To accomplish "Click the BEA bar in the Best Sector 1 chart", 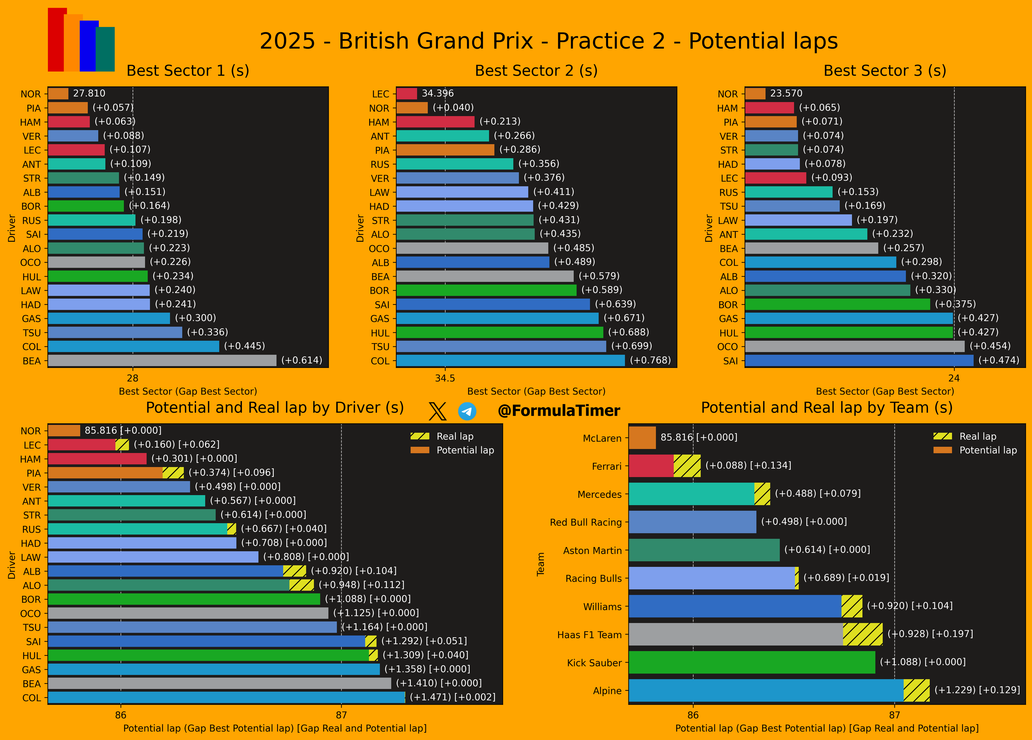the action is tap(162, 361).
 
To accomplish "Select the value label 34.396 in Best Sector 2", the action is tap(438, 93).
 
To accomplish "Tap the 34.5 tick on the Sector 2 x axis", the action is tap(445, 378).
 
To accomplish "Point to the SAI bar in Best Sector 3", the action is tap(859, 361).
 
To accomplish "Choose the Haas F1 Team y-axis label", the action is tap(589, 635).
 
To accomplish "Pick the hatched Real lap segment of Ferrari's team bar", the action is tap(687, 466).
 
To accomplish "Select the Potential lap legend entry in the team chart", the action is tap(975, 450).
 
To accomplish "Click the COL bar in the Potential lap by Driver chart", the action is tap(227, 697).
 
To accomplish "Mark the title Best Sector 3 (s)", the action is tap(885, 71).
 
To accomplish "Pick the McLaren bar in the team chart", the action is tap(642, 438).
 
